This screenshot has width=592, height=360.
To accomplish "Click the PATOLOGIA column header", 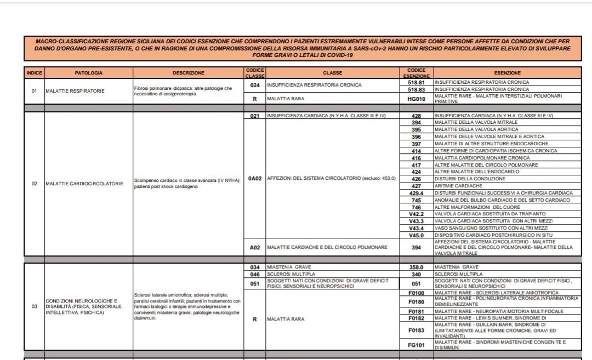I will [x=89, y=73].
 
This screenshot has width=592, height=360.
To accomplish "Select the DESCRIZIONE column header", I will [x=188, y=73].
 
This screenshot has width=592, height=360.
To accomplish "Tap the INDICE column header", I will [x=34, y=73].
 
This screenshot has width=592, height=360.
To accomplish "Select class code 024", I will [x=254, y=85].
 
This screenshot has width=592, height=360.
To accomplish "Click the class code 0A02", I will [x=254, y=179].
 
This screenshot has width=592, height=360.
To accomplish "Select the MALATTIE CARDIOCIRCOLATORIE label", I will [x=84, y=184].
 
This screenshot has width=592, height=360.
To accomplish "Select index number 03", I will [x=34, y=306].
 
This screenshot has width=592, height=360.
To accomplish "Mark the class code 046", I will [x=254, y=273].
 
